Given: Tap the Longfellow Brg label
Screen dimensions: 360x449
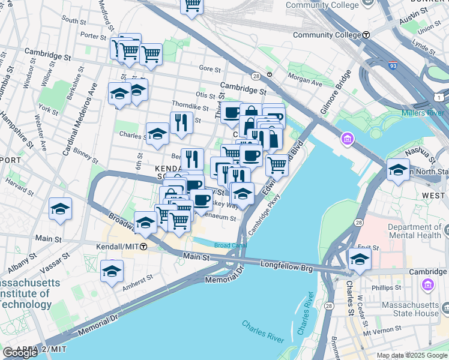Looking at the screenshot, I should pyautogui.click(x=287, y=265).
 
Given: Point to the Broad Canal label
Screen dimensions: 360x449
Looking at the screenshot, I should pyautogui.click(x=230, y=245).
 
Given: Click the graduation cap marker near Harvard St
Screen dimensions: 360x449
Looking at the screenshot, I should pyautogui.click(x=61, y=209).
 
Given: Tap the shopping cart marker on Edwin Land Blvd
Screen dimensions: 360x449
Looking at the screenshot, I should pyautogui.click(x=277, y=164).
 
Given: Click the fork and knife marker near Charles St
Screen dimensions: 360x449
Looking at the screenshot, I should pyautogui.click(x=181, y=123).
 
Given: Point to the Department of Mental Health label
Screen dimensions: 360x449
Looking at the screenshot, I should pyautogui.click(x=417, y=232).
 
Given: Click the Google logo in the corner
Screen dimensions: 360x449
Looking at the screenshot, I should pyautogui.click(x=20, y=353).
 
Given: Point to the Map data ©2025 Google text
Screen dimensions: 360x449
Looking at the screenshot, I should pyautogui.click(x=412, y=355).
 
